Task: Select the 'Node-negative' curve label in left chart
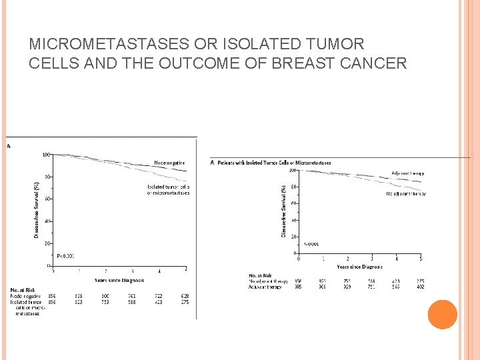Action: pyautogui.click(x=169, y=163)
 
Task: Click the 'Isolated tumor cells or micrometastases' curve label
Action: pyautogui.click(x=168, y=190)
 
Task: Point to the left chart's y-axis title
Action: pyautogui.click(x=37, y=210)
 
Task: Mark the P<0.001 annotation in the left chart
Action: pyautogui.click(x=65, y=256)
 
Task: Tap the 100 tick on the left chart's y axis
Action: pyautogui.click(x=47, y=155)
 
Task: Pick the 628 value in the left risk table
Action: pyautogui.click(x=185, y=296)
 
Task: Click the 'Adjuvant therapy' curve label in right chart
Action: pyautogui.click(x=408, y=173)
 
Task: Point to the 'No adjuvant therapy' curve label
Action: pyautogui.click(x=405, y=194)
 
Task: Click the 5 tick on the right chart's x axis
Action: pyautogui.click(x=421, y=259)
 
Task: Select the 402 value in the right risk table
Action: pyautogui.click(x=419, y=287)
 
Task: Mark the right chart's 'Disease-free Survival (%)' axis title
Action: pyautogui.click(x=283, y=211)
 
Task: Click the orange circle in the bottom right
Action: pyautogui.click(x=443, y=315)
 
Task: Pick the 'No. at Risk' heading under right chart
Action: pyautogui.click(x=260, y=275)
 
